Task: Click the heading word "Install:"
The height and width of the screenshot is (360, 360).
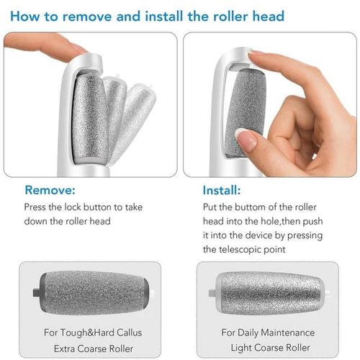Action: (222, 191)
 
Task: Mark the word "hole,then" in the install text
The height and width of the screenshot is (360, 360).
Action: (269, 221)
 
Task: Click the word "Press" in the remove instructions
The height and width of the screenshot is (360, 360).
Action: (37, 207)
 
